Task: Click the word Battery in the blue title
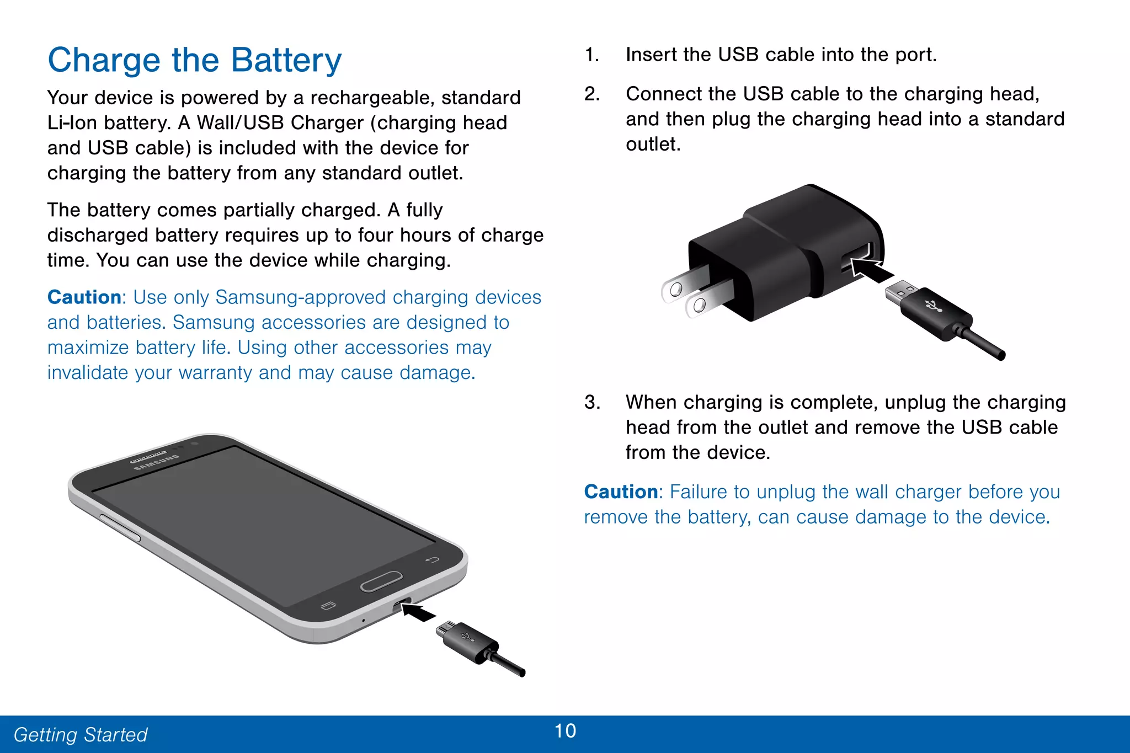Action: point(286,60)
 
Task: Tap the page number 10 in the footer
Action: point(565,731)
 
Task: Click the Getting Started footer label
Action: point(81,735)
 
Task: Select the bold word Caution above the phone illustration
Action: point(84,297)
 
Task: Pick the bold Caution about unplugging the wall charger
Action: point(621,492)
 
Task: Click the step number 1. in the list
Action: point(591,55)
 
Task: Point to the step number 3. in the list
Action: point(591,402)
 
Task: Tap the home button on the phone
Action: point(381,581)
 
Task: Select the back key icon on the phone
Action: point(432,560)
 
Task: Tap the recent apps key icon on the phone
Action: point(328,606)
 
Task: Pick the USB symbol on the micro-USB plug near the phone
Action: point(466,638)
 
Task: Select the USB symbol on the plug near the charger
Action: point(934,306)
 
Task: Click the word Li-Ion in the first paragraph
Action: point(72,123)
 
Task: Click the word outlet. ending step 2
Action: point(653,145)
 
